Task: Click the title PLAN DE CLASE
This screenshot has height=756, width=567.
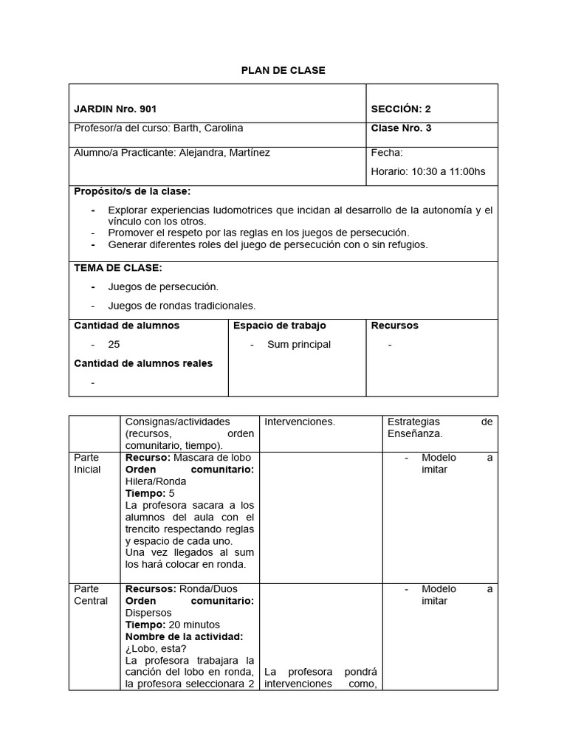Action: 283,70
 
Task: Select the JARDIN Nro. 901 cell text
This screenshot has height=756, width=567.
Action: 115,109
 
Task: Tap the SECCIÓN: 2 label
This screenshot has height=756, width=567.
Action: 401,109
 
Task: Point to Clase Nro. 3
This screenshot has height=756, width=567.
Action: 401,128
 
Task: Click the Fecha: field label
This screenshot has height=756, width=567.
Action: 387,153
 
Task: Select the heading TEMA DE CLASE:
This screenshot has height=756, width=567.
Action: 118,268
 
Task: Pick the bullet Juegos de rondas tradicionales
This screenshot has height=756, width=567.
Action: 182,306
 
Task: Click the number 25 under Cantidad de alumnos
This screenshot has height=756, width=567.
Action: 114,344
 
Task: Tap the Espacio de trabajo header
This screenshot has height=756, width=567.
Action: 279,326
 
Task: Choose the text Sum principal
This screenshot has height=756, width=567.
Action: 299,344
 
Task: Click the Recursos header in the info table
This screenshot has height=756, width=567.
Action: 394,326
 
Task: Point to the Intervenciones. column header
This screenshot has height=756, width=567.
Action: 300,422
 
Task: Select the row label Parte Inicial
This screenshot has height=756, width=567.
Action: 87,464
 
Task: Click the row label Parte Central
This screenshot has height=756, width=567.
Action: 90,595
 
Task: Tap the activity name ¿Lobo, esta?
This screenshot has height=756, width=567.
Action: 156,648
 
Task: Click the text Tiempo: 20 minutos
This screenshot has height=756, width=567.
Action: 172,625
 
